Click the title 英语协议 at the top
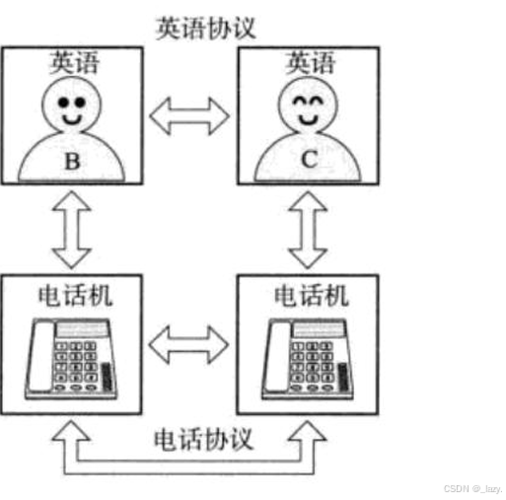tap(206, 29)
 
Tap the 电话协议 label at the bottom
tap(203, 439)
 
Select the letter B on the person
tap(72, 161)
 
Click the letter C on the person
tap(309, 159)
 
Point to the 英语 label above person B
tap(74, 62)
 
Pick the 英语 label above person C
tap(310, 62)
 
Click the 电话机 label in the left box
tap(75, 296)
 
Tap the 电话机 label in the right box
tap(311, 296)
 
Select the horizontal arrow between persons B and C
tap(189, 116)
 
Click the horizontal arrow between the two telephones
tap(188, 345)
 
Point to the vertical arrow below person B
tap(72, 230)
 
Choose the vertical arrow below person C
tap(308, 230)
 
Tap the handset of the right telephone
tap(277, 357)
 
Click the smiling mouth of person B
tap(72, 119)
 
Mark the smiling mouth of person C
tap(308, 119)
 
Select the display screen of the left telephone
tap(83, 329)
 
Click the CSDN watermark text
tap(472, 489)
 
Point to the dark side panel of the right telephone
tap(343, 377)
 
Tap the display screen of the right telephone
tap(319, 329)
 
